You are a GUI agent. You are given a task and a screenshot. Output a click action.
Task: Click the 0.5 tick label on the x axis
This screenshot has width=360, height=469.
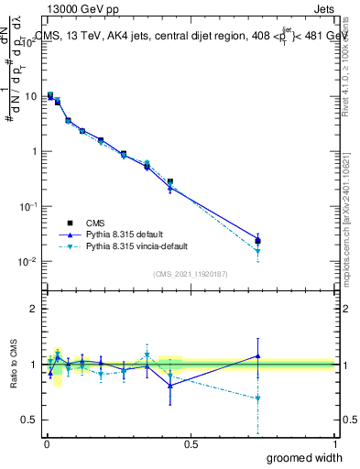[x=191, y=443]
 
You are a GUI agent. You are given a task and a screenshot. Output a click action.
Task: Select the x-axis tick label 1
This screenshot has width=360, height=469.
[x=333, y=443]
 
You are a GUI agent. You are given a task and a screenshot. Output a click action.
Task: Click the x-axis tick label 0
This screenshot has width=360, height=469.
[x=46, y=443]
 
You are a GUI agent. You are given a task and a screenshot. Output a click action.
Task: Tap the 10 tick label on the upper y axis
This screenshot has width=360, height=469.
[x=30, y=96]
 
